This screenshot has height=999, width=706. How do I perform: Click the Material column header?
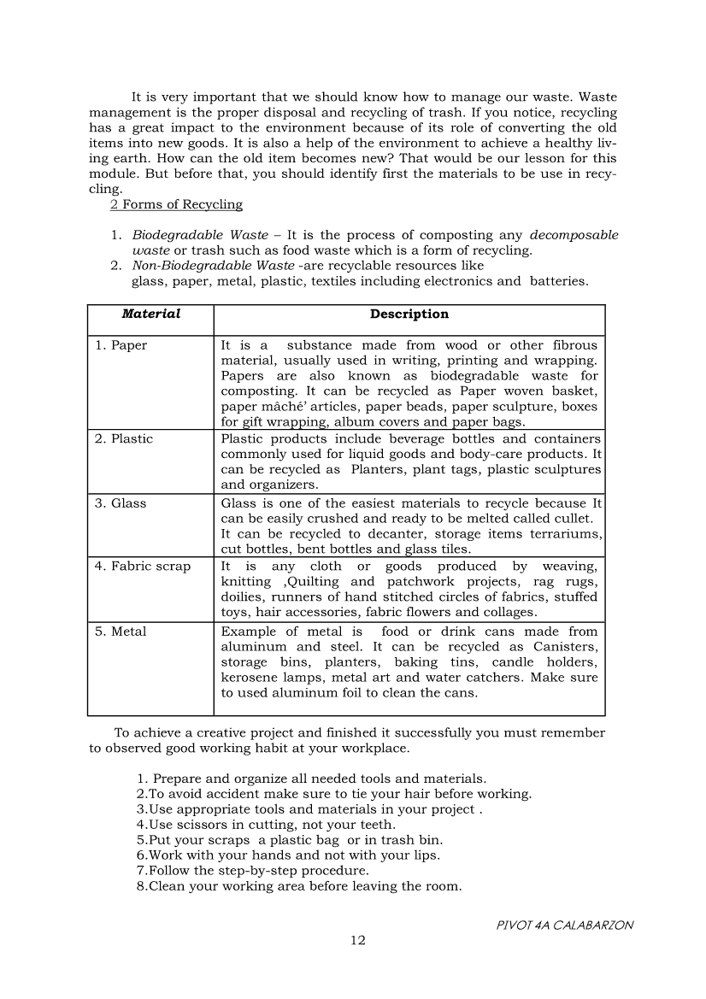point(150,314)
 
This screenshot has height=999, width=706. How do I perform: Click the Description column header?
point(409,314)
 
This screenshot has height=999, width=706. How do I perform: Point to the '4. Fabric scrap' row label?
point(142,566)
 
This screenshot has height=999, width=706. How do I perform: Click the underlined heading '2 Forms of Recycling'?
point(176,204)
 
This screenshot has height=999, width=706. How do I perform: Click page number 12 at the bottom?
point(358,940)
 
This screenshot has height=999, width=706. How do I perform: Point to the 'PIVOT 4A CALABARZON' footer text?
point(565,925)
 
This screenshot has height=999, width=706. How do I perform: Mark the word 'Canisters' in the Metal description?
point(566,647)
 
